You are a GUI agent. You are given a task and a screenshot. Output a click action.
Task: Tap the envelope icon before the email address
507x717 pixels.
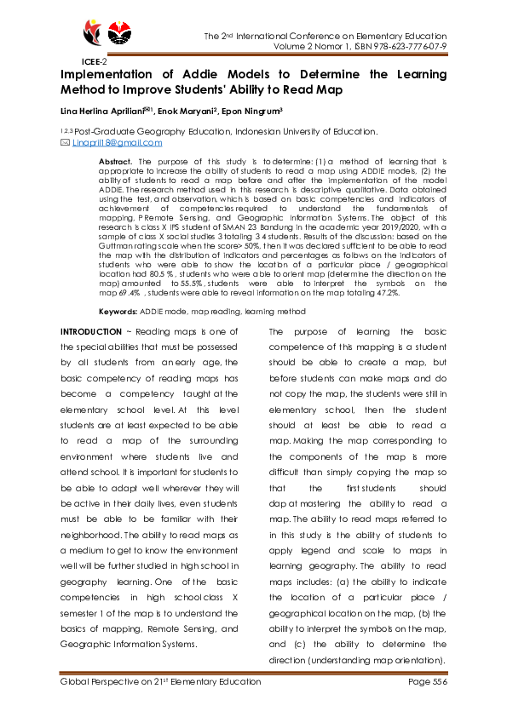click(65, 143)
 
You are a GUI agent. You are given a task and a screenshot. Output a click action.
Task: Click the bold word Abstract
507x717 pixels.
click(115, 161)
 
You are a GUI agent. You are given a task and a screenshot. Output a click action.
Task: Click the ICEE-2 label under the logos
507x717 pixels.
click(94, 62)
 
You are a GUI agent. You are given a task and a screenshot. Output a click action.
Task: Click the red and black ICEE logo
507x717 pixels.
click(93, 35)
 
